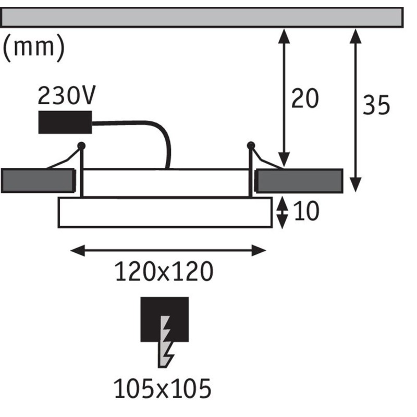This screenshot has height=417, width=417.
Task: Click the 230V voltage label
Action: (66, 95)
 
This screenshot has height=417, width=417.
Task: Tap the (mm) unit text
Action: (34, 48)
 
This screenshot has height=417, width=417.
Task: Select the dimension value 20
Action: (305, 99)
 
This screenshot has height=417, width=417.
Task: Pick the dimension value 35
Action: (376, 105)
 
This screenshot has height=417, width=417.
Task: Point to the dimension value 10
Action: (306, 211)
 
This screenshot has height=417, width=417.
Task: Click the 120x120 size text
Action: (164, 272)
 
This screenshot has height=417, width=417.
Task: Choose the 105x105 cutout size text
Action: (163, 388)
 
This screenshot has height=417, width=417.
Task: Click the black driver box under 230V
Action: (65, 122)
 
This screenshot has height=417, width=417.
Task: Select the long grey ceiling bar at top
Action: (202, 18)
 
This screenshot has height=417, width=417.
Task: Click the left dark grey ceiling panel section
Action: (38, 180)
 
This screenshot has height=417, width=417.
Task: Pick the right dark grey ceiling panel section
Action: (299, 181)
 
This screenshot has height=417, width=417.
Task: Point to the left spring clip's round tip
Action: (81, 146)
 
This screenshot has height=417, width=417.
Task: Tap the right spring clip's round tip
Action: (251, 145)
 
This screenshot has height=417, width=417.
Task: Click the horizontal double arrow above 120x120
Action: (168, 251)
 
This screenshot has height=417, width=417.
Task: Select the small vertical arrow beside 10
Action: (282, 213)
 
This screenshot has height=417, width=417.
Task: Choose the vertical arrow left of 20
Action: (284, 98)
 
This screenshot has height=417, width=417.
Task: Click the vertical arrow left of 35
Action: (355, 111)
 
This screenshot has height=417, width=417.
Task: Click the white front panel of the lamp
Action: (165, 213)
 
